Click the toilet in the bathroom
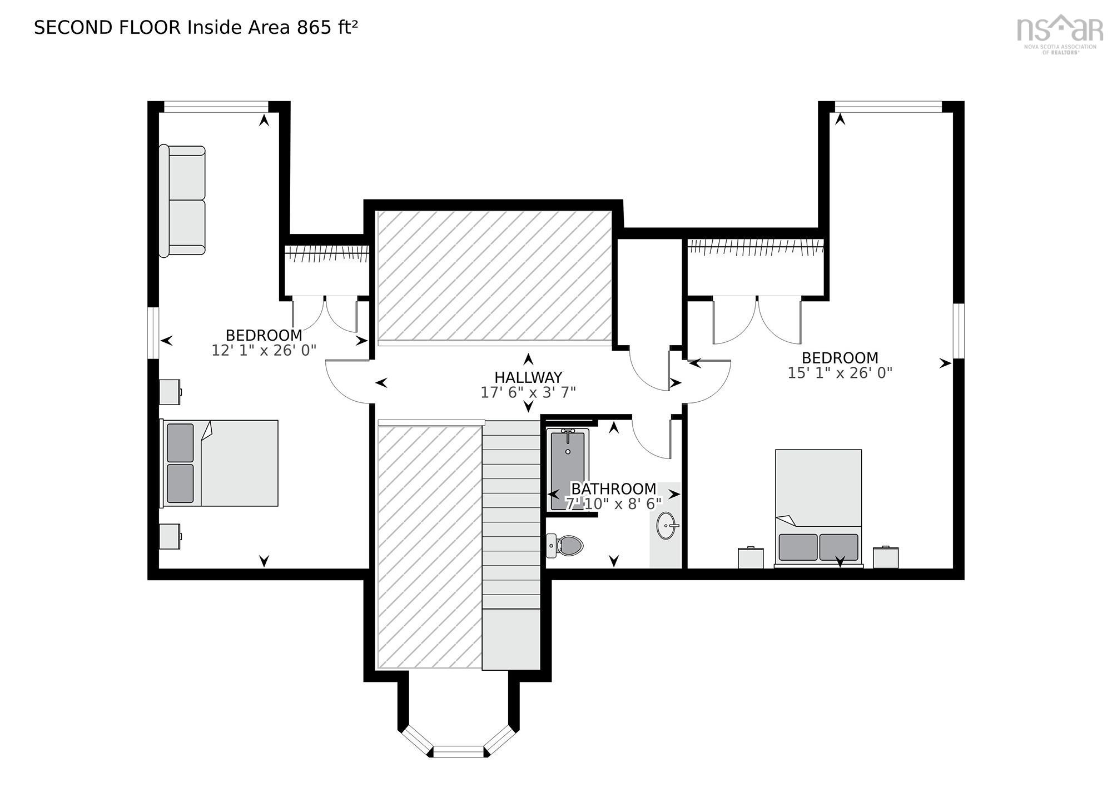pos(566,545)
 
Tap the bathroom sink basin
pos(666,525)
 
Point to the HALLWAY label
pos(528,377)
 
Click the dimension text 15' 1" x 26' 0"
pos(840,373)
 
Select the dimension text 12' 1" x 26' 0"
pos(264,351)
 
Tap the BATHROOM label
pos(614,489)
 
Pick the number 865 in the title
pos(314,28)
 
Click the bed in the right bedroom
pos(818,507)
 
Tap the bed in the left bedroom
pos(220,463)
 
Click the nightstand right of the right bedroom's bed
pos(886,557)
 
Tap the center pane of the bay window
pos(459,751)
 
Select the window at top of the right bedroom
pos(888,107)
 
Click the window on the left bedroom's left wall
pos(153,332)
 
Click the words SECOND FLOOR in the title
pos(107,28)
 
